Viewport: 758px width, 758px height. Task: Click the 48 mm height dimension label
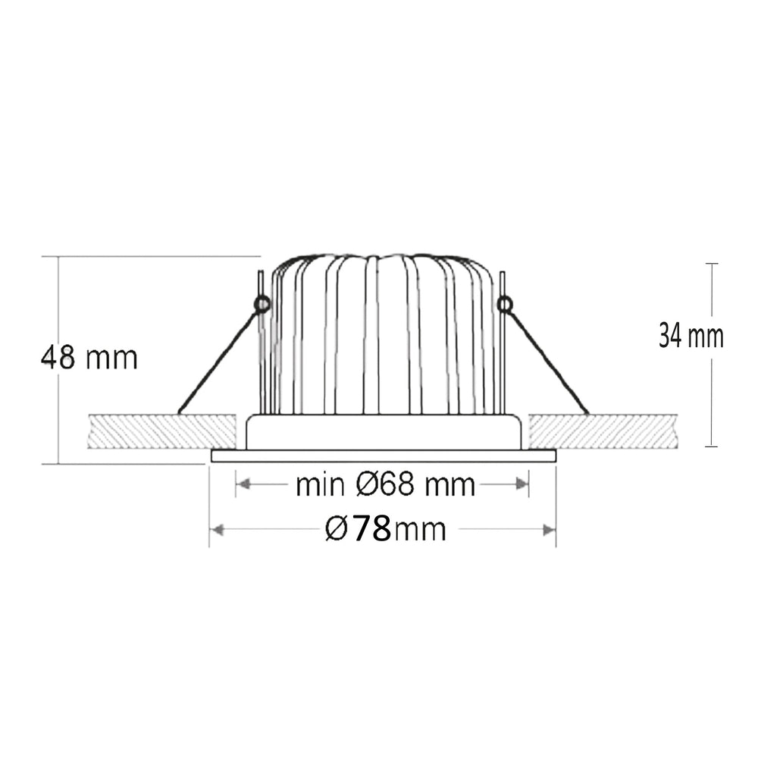(x=90, y=357)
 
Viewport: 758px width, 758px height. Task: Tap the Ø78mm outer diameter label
(x=385, y=529)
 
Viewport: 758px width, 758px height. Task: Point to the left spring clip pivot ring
(x=262, y=304)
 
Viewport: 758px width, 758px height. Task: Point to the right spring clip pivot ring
(x=504, y=304)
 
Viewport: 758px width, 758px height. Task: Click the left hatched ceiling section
(x=162, y=431)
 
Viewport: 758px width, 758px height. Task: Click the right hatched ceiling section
(x=603, y=431)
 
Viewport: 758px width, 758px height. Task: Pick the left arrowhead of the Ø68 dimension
(x=244, y=484)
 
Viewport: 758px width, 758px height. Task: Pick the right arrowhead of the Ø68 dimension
(x=522, y=484)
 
